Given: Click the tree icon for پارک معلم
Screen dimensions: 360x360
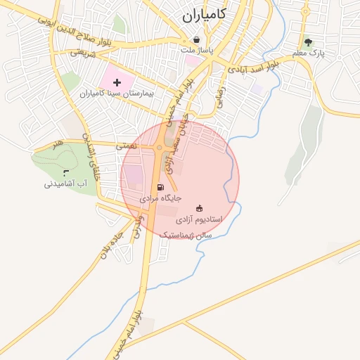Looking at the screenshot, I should click(x=307, y=43).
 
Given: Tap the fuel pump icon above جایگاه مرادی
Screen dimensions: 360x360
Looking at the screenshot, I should click(x=161, y=188).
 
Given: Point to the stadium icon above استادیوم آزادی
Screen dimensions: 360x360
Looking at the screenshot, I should click(x=200, y=208).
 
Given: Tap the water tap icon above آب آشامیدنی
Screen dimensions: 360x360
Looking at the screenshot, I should click(x=66, y=172).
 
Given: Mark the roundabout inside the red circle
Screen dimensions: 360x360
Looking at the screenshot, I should click(x=160, y=148).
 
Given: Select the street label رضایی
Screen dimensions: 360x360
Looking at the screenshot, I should click(x=220, y=98).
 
